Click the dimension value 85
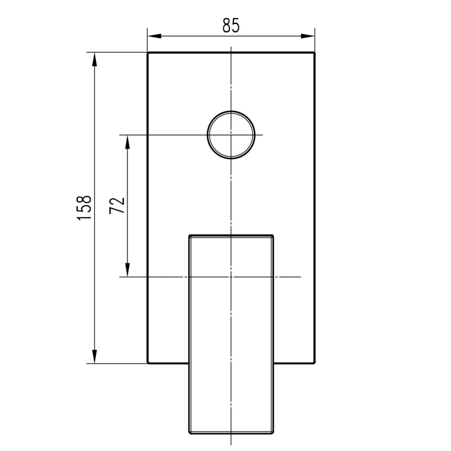point(231,25)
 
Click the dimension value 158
point(83,207)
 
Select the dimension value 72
point(117,206)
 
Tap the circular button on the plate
point(231,134)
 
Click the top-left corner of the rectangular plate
point(148,53)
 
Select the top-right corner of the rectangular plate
point(315,53)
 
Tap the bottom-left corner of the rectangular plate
point(148,363)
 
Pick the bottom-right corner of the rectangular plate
point(315,363)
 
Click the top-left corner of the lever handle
point(188,235)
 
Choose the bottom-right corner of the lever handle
point(274,435)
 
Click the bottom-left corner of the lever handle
point(188,435)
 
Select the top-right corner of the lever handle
point(274,235)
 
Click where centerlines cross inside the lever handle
point(231,277)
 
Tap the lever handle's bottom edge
point(231,435)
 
